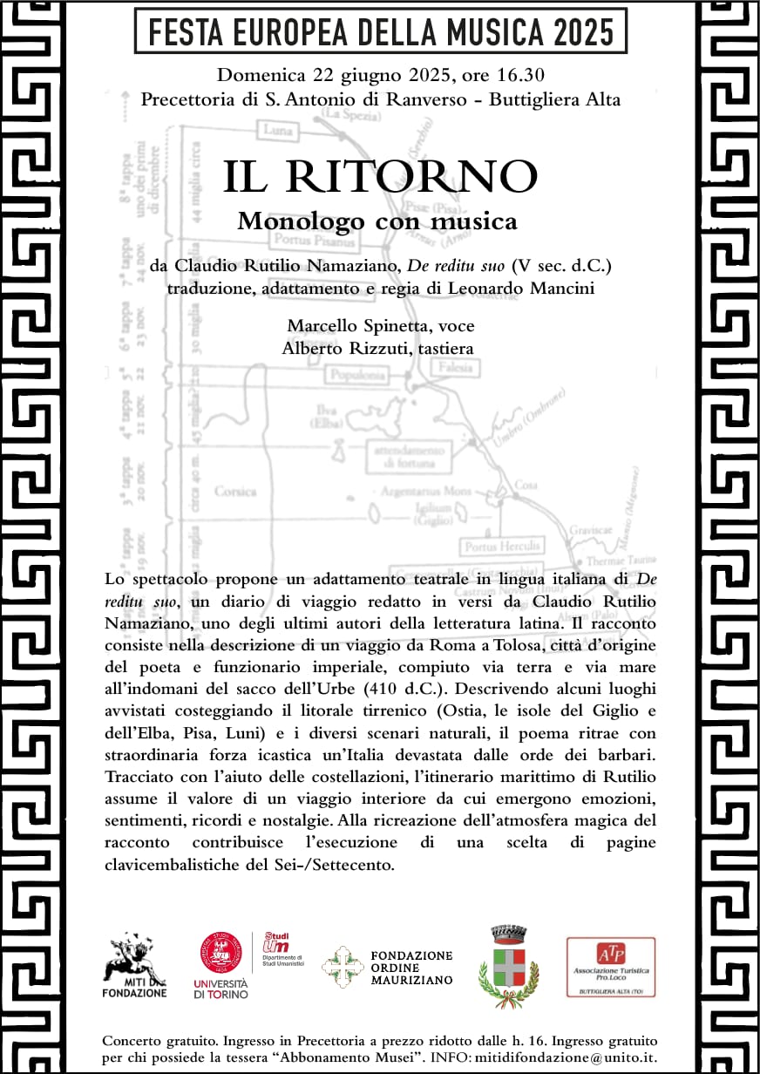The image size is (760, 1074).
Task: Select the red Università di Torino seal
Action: (221, 952)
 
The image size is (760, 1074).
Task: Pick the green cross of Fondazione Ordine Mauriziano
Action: (341, 966)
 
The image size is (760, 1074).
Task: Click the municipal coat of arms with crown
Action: (509, 966)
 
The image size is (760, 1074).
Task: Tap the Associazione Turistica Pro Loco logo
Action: (610, 966)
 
